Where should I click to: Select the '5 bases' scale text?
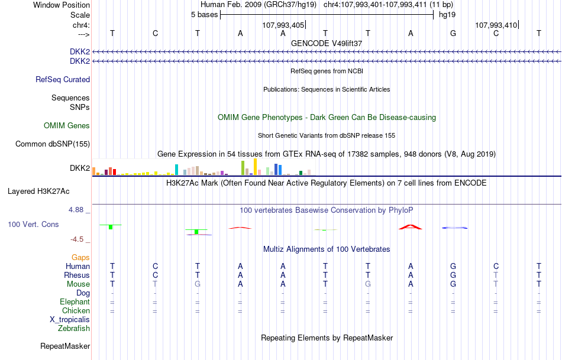point(204,15)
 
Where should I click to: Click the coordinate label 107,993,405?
point(283,25)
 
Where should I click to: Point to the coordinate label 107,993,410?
point(496,25)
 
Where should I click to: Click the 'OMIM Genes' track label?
point(67,125)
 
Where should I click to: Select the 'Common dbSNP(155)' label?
point(53,144)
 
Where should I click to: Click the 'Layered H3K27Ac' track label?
point(38,191)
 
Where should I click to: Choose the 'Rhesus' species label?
point(77,275)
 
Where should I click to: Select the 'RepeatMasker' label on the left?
point(65,346)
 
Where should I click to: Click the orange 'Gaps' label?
point(80,257)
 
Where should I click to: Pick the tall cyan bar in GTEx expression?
point(176,170)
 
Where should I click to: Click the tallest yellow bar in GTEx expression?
point(255,167)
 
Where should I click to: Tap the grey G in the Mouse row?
point(198,284)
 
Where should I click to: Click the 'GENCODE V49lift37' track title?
point(327,43)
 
